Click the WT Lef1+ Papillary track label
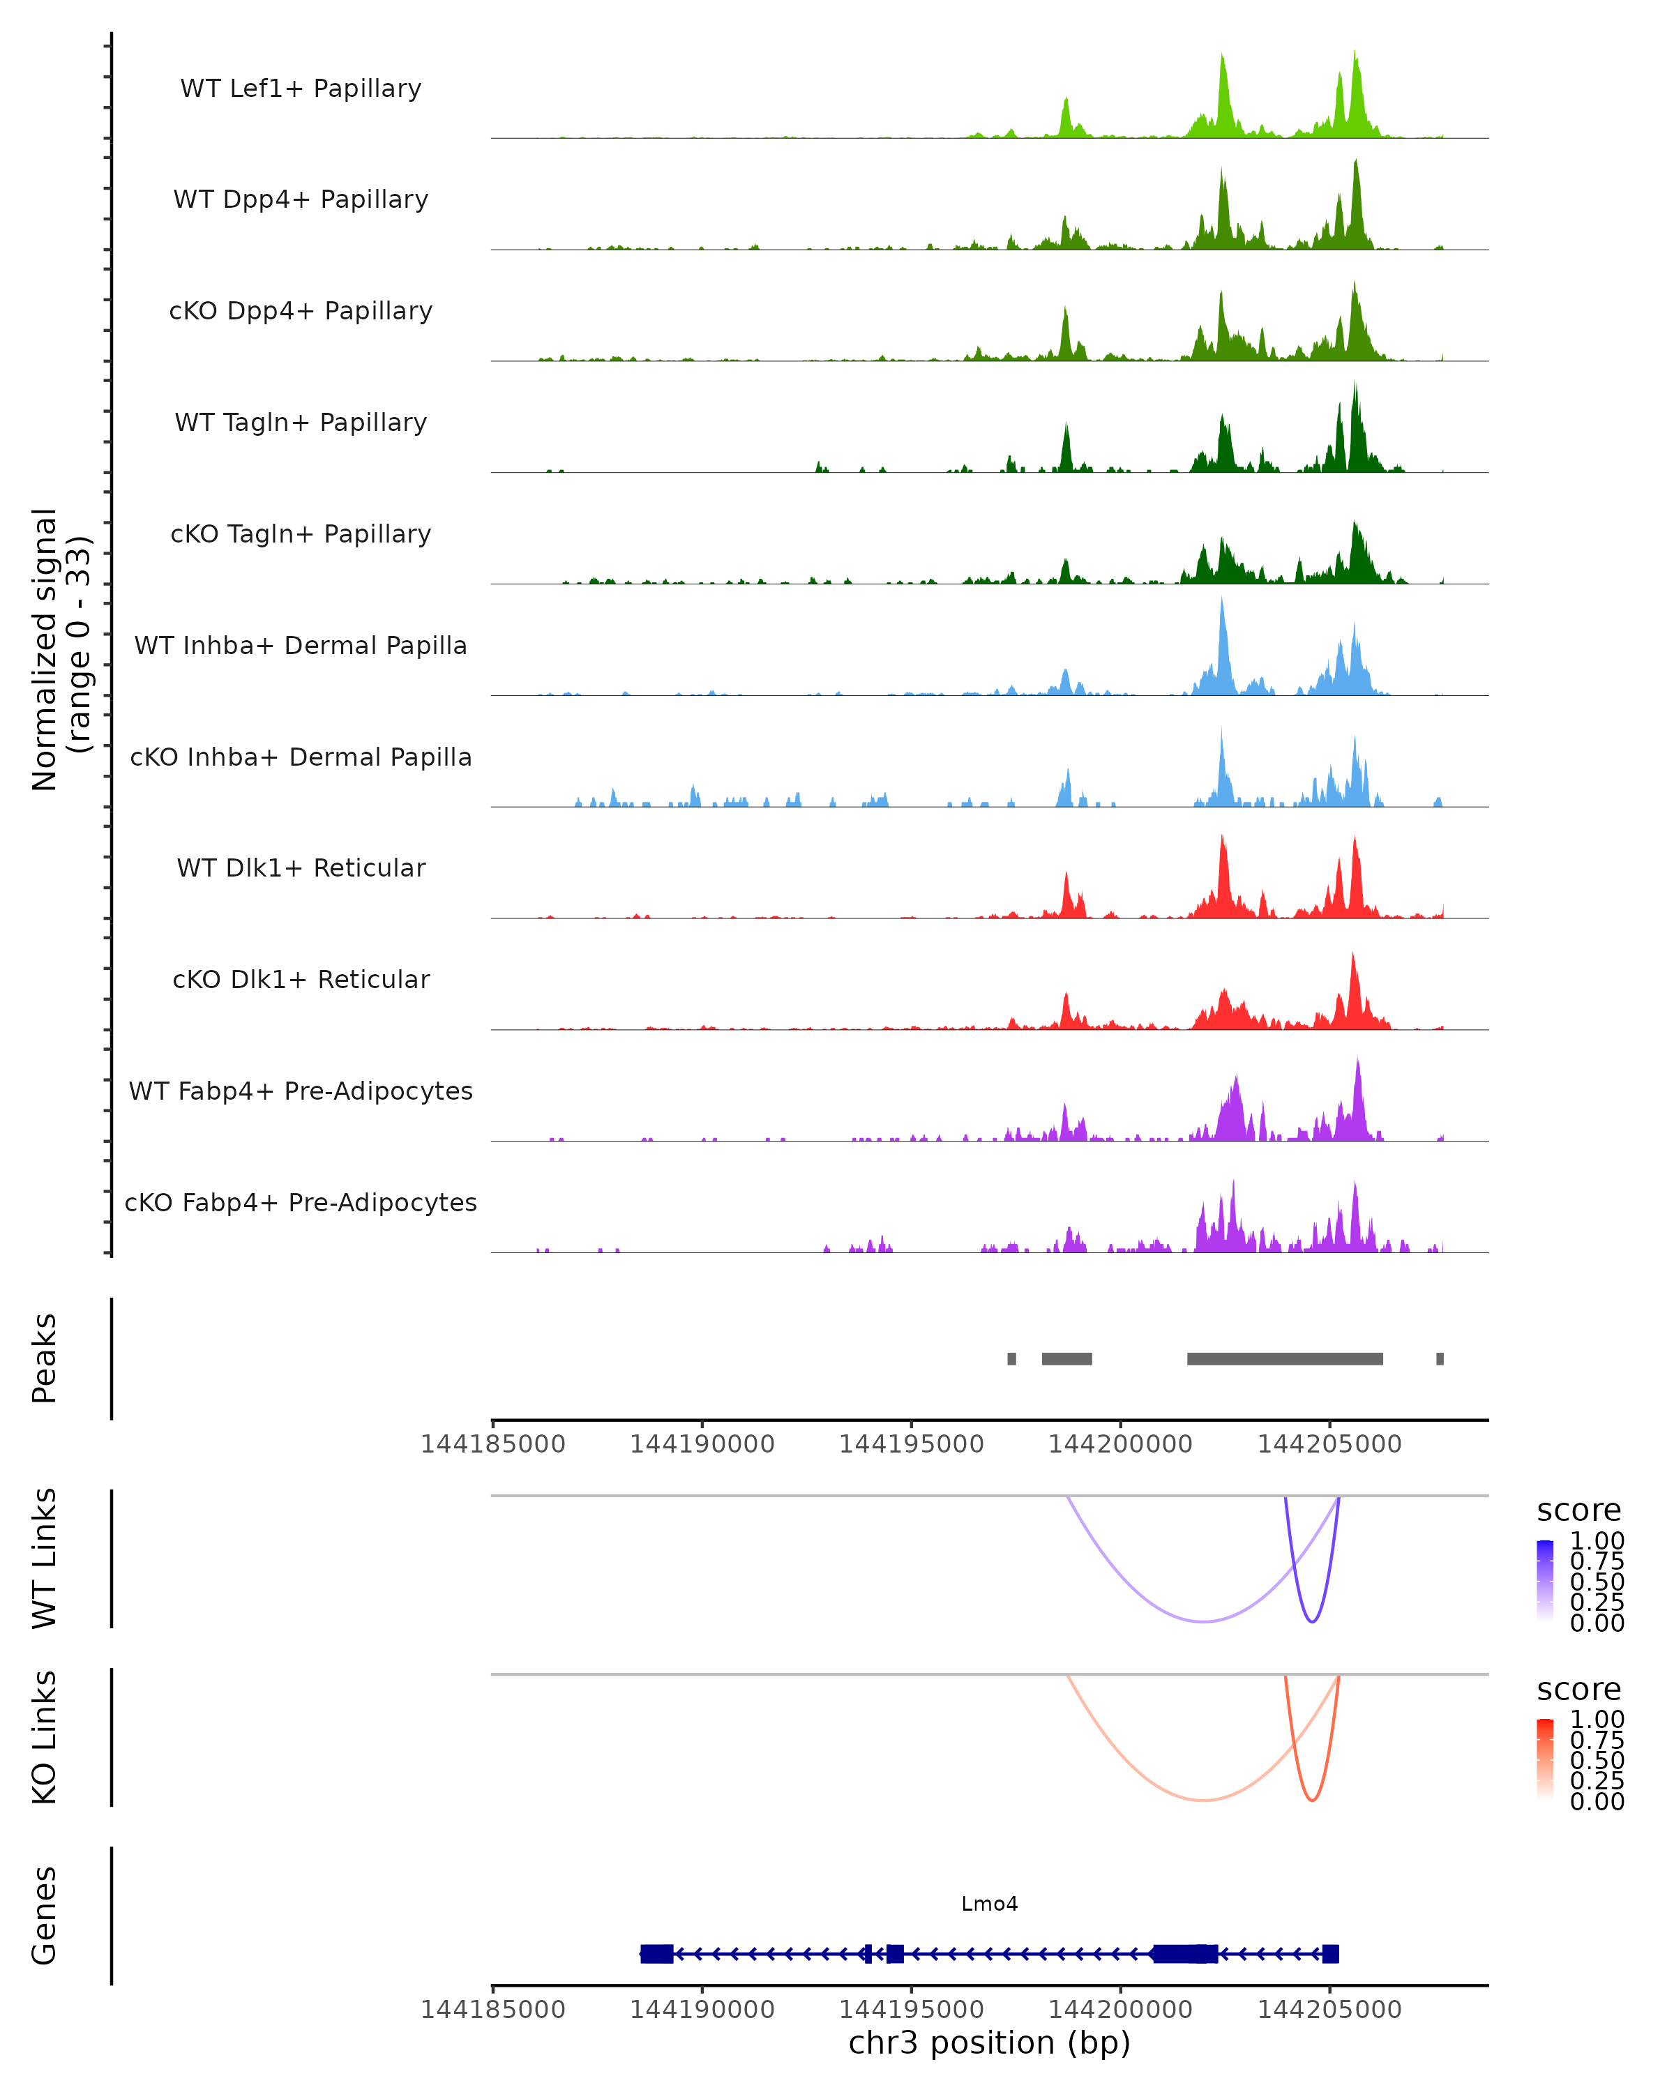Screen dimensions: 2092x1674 301,89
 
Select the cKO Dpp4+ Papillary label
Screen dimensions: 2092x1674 301,310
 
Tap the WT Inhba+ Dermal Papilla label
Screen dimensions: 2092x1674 301,645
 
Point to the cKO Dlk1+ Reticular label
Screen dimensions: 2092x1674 301,979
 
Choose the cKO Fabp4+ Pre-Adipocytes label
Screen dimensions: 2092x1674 301,1202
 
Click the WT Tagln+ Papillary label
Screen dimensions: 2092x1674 301,422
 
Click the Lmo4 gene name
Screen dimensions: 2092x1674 989,1904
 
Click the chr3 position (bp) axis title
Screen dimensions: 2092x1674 989,2042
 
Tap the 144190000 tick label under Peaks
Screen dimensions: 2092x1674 702,1444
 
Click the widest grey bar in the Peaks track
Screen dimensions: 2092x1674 1284,1358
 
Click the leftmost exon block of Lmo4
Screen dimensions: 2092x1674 657,1953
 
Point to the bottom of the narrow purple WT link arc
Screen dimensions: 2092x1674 1311,1621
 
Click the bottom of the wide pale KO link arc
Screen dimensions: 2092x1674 1202,1800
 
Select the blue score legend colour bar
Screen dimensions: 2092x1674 1545,1581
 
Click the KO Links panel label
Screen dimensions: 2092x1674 45,1737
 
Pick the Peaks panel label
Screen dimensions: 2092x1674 45,1358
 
